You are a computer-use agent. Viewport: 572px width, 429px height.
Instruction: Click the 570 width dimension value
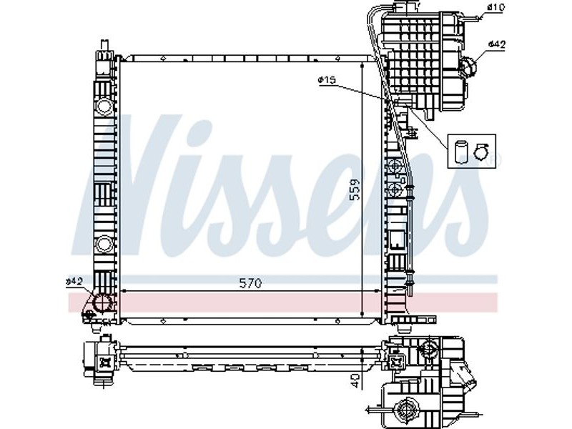click(251, 283)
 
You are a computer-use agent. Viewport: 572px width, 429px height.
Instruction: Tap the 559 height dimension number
click(354, 189)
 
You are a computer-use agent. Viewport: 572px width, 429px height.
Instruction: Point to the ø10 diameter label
click(495, 6)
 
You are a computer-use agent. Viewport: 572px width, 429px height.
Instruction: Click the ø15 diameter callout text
click(327, 80)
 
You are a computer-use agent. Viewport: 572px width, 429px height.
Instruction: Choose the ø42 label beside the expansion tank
click(496, 44)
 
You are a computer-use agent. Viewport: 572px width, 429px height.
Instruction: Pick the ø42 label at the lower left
click(74, 281)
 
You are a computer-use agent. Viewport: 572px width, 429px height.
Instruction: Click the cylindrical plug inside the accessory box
click(461, 151)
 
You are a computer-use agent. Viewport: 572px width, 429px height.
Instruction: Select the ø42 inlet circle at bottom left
click(103, 302)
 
